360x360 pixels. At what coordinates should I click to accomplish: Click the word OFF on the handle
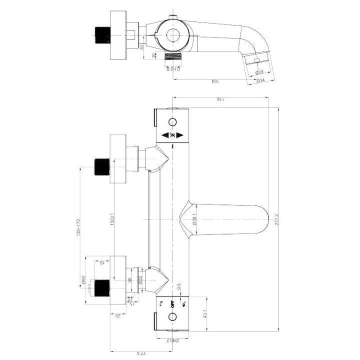click(x=173, y=302)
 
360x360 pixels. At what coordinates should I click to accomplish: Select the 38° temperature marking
click(x=172, y=135)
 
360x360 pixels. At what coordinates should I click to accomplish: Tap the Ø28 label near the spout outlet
click(x=260, y=71)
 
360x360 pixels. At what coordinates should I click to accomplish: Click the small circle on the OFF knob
click(x=173, y=316)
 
